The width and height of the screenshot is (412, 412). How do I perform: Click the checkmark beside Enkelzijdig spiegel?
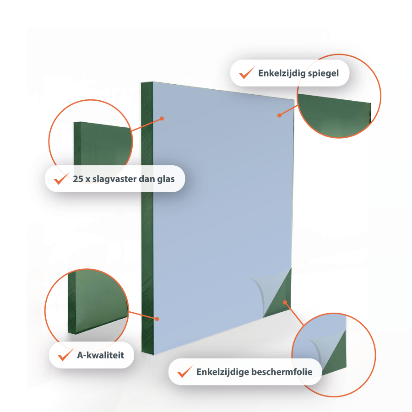click(x=246, y=73)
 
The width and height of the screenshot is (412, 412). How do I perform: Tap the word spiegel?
click(x=323, y=73)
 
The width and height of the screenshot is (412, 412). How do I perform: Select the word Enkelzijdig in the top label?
click(x=282, y=73)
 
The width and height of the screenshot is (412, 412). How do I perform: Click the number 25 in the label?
click(x=78, y=179)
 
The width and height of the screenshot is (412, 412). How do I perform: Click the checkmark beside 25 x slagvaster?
click(x=61, y=179)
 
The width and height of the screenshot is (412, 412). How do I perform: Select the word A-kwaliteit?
click(x=100, y=355)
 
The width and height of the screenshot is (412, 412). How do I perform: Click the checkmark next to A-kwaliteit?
click(x=65, y=355)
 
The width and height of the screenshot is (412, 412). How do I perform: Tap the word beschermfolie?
click(x=282, y=372)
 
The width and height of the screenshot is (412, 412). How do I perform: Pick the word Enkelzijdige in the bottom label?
click(x=222, y=372)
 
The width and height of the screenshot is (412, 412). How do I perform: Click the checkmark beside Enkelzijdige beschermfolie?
click(x=185, y=372)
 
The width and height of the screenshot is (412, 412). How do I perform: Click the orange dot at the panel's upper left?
click(x=162, y=119)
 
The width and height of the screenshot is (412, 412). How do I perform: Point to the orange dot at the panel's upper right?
click(x=279, y=115)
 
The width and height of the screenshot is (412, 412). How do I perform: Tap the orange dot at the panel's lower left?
click(x=157, y=319)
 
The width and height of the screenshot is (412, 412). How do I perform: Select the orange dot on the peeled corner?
click(x=285, y=303)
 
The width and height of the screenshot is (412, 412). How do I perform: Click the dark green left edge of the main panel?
click(x=147, y=218)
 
